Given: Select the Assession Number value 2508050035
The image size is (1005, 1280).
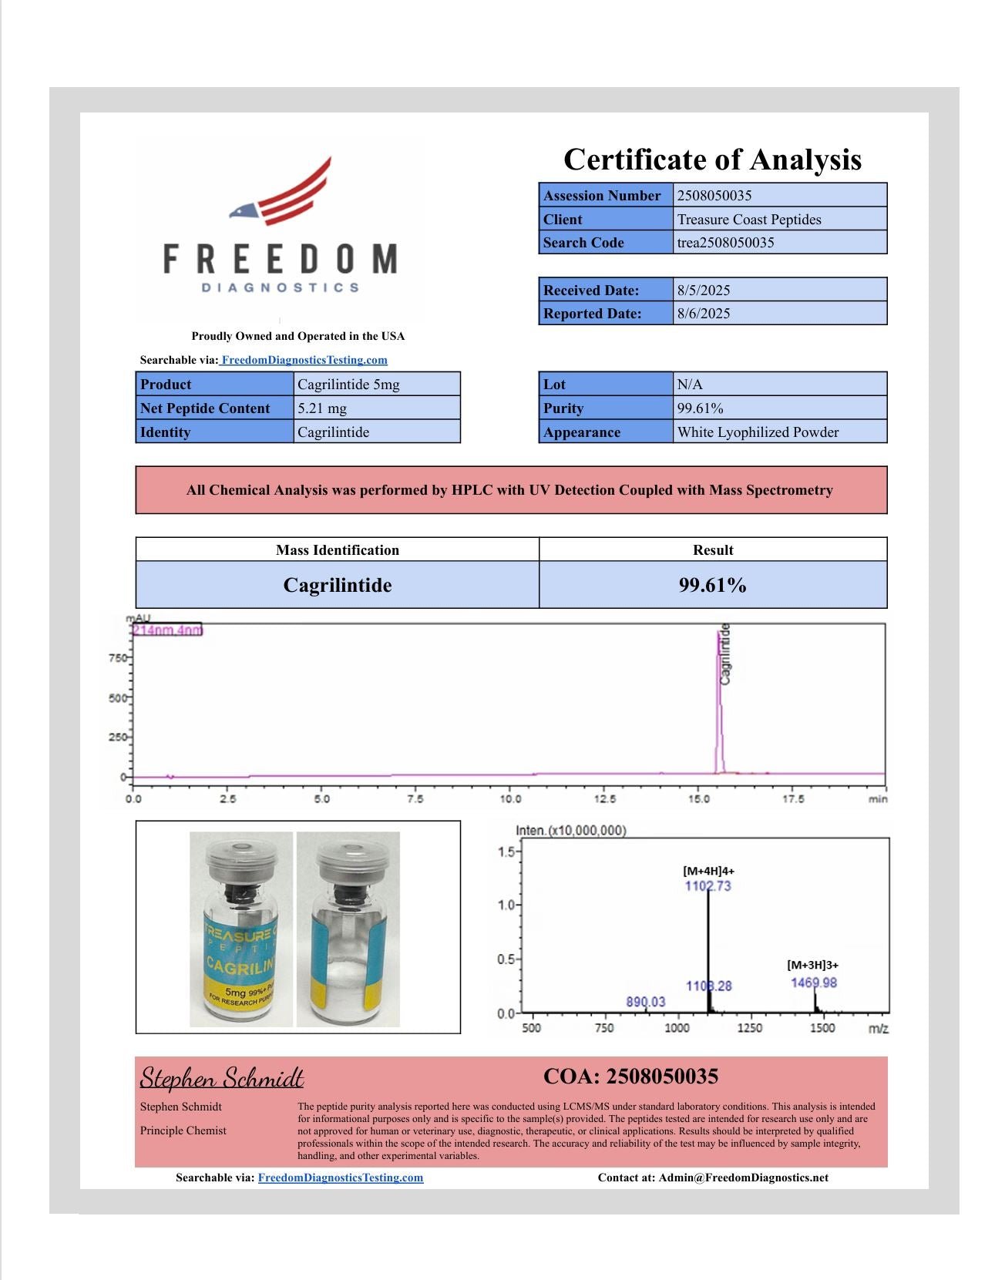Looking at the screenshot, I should click(714, 196).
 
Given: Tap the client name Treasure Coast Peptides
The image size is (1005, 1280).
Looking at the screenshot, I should click(749, 220).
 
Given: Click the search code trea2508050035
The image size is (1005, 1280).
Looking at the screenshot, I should click(725, 243).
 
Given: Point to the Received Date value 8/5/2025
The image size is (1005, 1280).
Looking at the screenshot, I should click(704, 291).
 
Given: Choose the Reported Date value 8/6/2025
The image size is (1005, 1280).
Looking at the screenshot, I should click(704, 314).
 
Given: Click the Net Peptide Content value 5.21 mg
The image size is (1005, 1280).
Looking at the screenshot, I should click(322, 408).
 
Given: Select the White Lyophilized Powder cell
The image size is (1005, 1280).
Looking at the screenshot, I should click(758, 432).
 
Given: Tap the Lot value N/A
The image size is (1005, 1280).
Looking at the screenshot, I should click(690, 385).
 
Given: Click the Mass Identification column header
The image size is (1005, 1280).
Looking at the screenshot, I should click(338, 550).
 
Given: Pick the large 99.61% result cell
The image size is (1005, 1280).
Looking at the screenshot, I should click(712, 586).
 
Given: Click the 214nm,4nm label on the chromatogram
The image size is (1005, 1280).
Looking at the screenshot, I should click(167, 630).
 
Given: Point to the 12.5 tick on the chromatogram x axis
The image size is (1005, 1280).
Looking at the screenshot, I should click(605, 799).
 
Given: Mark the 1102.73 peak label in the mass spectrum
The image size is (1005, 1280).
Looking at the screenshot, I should click(708, 886).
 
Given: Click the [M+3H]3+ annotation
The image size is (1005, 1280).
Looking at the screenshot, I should click(812, 965).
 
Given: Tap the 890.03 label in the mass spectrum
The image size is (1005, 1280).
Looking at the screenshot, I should click(645, 1002).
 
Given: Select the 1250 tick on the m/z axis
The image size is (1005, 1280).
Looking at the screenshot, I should click(749, 1028).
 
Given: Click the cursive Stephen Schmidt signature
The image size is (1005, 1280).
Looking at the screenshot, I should click(222, 1077).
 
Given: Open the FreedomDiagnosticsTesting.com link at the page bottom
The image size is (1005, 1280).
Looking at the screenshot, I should click(341, 1178).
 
